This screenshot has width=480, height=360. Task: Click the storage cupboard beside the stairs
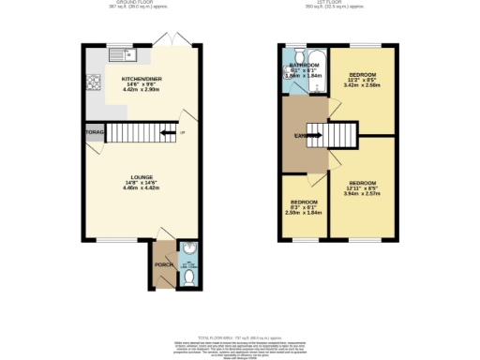point(94,134)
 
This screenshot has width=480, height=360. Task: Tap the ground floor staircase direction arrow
point(167,134)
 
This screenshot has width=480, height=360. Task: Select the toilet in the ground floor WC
point(187,278)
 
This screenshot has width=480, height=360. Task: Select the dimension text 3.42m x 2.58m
point(364,83)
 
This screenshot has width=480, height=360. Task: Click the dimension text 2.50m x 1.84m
point(304,213)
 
